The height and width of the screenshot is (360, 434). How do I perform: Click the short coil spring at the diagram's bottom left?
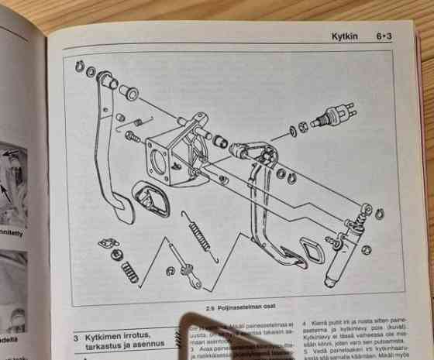(129, 272)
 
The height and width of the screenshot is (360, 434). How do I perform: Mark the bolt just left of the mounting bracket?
(132, 138)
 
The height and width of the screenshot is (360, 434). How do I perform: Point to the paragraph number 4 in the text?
(304, 320)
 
